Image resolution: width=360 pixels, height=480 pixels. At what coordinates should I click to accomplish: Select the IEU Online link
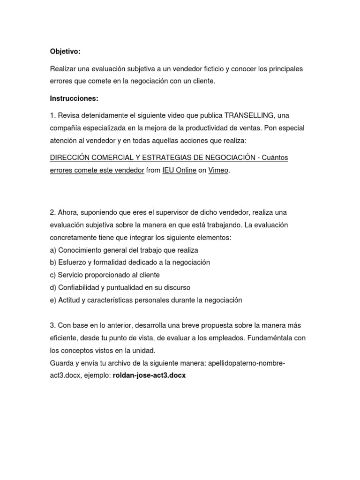(179, 171)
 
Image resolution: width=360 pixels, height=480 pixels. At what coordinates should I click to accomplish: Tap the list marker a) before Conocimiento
(53, 250)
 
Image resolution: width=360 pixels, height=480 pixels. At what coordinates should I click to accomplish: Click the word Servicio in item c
(70, 275)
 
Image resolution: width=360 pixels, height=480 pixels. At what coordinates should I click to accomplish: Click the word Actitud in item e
(68, 300)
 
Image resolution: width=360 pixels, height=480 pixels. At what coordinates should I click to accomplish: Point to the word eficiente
(64, 337)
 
